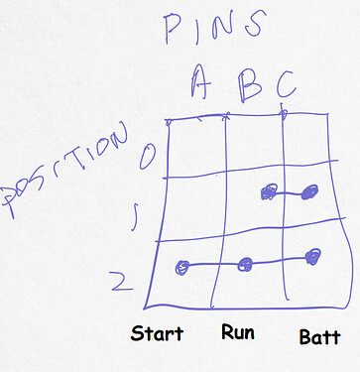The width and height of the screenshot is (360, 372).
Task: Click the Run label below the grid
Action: click(238, 330)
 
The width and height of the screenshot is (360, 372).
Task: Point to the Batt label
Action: click(319, 337)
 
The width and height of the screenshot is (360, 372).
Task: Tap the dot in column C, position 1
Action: click(310, 190)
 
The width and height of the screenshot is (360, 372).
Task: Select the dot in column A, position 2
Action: click(181, 266)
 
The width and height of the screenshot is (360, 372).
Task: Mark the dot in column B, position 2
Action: click(246, 263)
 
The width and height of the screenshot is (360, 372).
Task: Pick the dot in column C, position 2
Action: click(313, 257)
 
